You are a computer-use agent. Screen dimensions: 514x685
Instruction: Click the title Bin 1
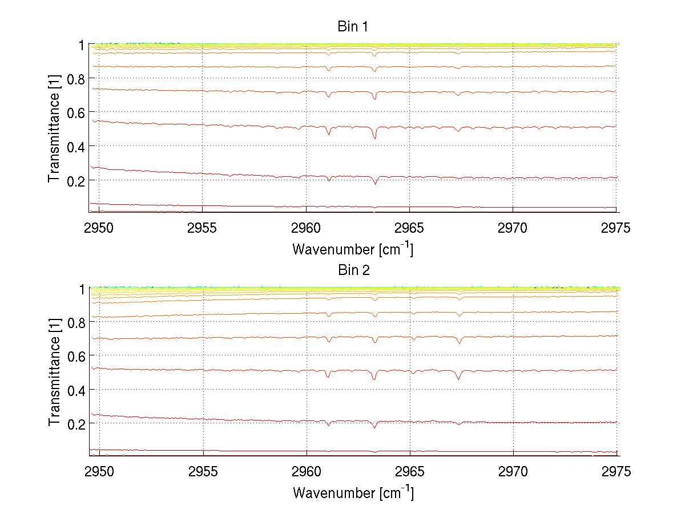353,26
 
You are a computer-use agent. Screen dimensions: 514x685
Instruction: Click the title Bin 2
353,270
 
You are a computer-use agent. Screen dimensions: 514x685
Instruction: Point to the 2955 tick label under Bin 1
203,229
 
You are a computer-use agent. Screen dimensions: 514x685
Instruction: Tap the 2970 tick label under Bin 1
513,229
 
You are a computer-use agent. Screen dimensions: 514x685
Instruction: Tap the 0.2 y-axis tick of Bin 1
74,180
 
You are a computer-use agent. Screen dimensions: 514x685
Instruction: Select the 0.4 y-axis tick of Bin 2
74,390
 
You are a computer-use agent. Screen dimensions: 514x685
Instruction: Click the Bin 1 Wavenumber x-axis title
353,249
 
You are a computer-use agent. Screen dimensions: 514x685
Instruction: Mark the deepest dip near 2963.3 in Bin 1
374,138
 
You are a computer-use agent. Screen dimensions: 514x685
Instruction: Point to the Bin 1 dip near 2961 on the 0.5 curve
328,134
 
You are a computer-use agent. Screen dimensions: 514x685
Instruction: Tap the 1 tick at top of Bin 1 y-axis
82,45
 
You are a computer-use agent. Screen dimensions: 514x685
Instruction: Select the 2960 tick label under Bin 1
307,229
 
